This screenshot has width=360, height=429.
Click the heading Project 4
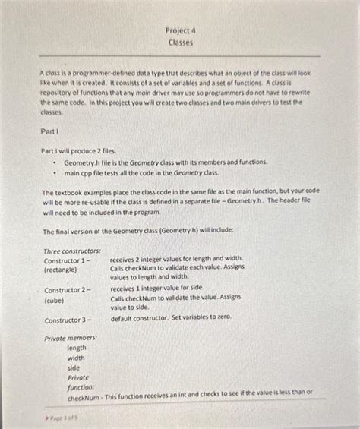pyautogui.click(x=180, y=31)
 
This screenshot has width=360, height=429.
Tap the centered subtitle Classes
pyautogui.click(x=180, y=43)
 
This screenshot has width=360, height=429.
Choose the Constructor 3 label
pyautogui.click(x=67, y=320)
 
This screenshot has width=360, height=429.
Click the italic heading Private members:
pyautogui.click(x=71, y=338)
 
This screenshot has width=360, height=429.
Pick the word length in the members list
pyautogui.click(x=77, y=348)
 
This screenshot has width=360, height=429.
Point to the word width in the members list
pyautogui.click(x=76, y=358)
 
